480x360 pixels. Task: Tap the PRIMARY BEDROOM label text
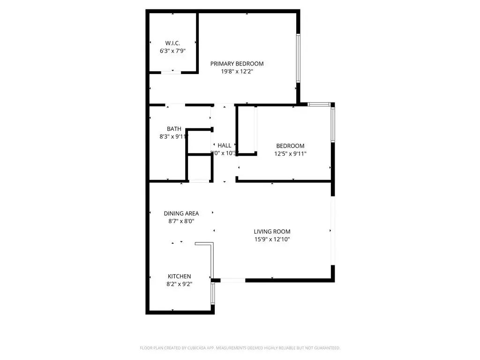tap(237, 64)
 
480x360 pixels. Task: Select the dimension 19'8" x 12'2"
tap(237, 72)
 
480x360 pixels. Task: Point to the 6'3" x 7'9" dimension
tap(172, 50)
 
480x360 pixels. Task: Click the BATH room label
tap(174, 129)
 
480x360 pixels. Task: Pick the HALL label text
tap(224, 145)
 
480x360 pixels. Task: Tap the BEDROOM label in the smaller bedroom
tap(290, 146)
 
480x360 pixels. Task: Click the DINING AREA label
tap(181, 213)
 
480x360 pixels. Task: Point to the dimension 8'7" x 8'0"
tap(181, 221)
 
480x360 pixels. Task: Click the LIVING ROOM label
tap(272, 232)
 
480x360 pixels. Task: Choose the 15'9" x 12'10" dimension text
tap(272, 240)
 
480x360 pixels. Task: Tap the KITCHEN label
tap(179, 277)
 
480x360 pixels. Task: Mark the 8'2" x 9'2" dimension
tap(179, 284)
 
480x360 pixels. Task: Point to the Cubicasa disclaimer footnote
tap(240, 348)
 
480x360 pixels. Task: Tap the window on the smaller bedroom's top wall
tap(319, 104)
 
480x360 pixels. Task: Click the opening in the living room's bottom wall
tap(232, 280)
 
